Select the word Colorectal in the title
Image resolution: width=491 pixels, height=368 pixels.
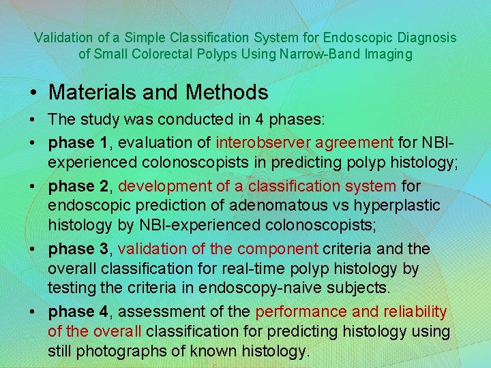pyautogui.click(x=207, y=55)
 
